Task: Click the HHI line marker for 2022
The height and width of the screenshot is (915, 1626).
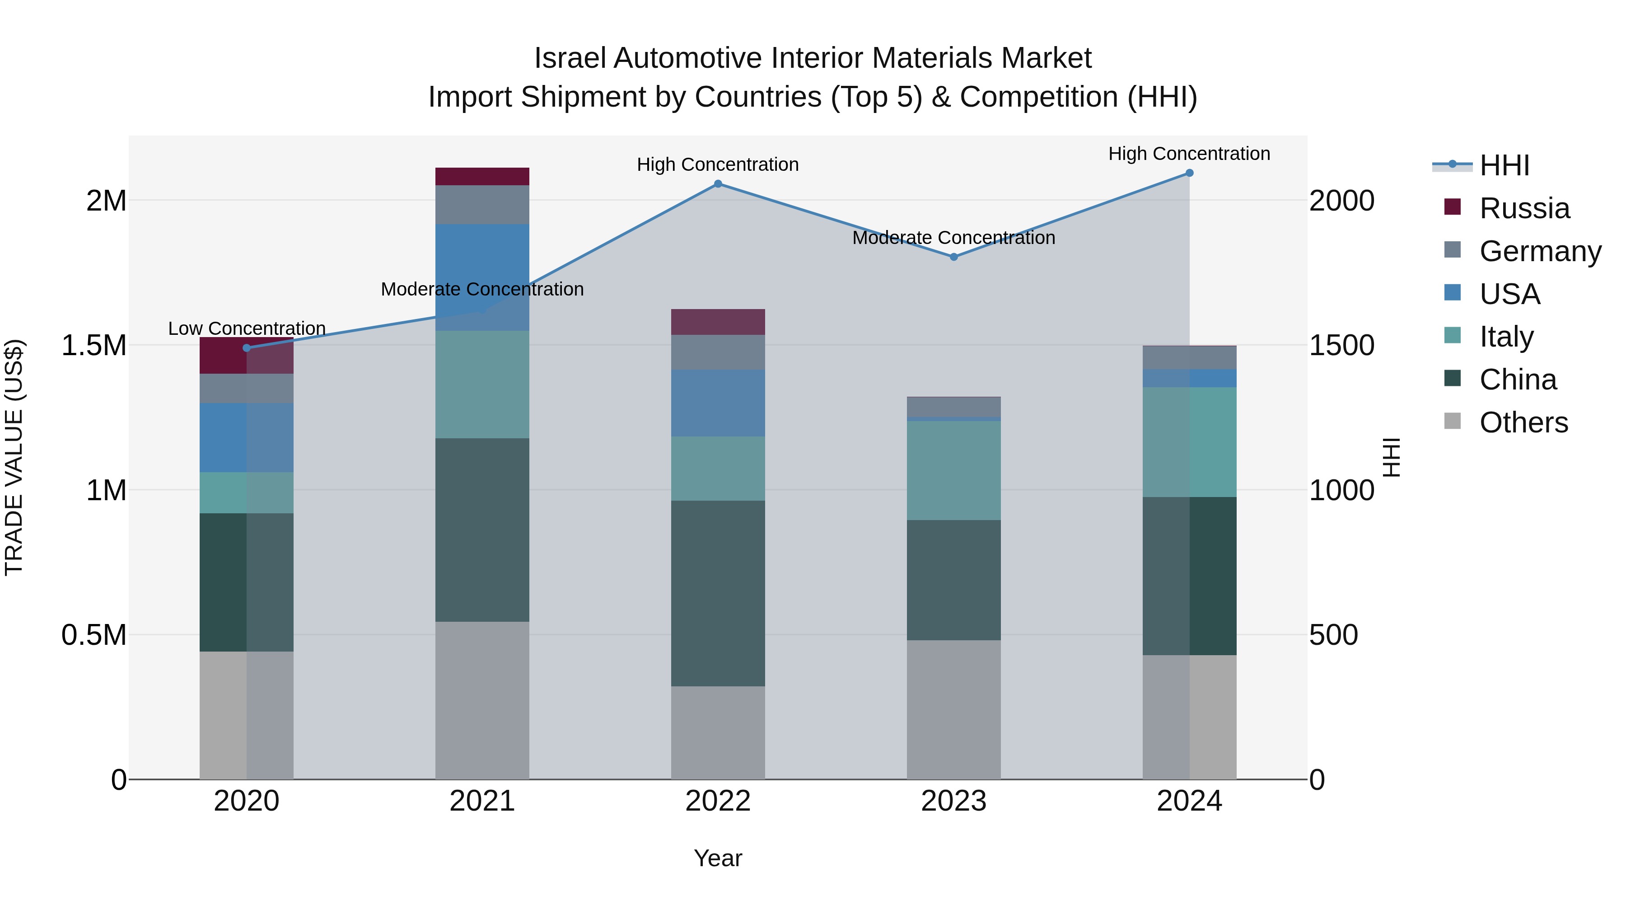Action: (x=718, y=184)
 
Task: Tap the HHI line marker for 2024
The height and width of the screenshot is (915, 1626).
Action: (x=1189, y=173)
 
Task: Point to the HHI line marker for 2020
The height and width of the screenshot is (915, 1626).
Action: (x=247, y=348)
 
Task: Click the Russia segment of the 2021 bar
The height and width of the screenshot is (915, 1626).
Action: (x=482, y=176)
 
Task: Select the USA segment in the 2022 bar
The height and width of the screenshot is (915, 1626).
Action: (x=718, y=403)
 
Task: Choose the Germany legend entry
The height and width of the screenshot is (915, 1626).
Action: (x=1540, y=251)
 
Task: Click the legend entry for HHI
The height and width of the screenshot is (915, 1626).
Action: (x=1504, y=165)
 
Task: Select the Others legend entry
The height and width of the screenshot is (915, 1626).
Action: (x=1523, y=422)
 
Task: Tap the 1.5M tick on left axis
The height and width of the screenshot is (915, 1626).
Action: (x=93, y=345)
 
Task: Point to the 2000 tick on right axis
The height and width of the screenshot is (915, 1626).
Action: (x=1341, y=201)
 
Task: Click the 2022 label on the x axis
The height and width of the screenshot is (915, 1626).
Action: (x=718, y=801)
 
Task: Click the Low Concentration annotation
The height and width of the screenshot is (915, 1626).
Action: (x=247, y=328)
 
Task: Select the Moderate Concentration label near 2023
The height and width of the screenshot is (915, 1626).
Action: (x=953, y=238)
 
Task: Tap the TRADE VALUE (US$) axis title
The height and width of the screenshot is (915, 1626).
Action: (x=14, y=457)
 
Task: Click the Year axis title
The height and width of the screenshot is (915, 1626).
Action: (x=718, y=858)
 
